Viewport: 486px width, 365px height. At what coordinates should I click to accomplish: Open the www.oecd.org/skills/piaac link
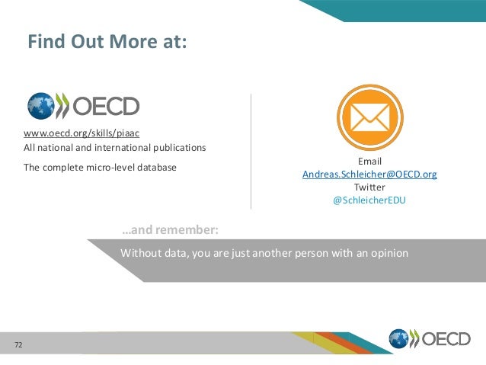(x=82, y=133)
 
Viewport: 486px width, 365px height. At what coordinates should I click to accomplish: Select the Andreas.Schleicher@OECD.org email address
(x=369, y=174)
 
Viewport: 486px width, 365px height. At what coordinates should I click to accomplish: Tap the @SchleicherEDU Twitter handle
(x=369, y=200)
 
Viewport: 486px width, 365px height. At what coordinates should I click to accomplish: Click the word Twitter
(x=369, y=187)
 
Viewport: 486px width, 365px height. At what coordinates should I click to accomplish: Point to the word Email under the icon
(x=369, y=162)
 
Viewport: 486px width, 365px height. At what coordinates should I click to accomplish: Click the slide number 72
(x=18, y=346)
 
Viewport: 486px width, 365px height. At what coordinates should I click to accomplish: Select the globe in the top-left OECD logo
(x=40, y=107)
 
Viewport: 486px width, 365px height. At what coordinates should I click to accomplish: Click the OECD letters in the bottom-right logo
(x=447, y=339)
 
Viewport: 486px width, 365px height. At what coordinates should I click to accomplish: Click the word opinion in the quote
(x=389, y=253)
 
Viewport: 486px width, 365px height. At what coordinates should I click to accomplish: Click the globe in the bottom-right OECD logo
(x=399, y=339)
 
